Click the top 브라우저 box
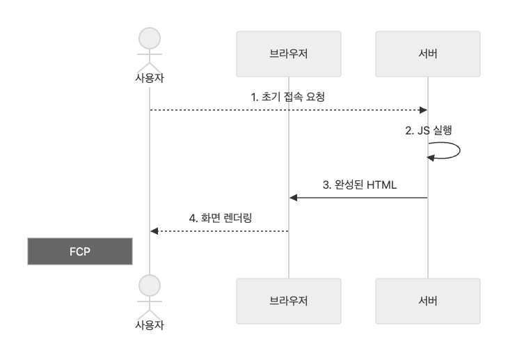[x=288, y=54]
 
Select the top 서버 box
[x=427, y=54]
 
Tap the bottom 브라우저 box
[x=288, y=302]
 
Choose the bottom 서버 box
[x=427, y=302]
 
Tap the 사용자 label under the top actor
[x=150, y=77]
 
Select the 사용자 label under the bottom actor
[x=150, y=324]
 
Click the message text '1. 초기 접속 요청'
[x=288, y=97]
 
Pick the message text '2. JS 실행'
[x=429, y=130]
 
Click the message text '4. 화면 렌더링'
[x=220, y=217]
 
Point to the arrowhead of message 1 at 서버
[x=422, y=110]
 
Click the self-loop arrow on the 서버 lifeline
[x=449, y=151]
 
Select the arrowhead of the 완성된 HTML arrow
[x=294, y=198]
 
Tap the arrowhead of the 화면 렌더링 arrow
[x=154, y=230]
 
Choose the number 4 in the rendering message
[x=192, y=217]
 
